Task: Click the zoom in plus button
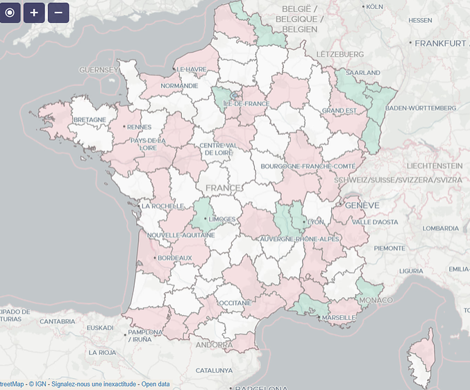click(34, 12)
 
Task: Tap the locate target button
click(10, 12)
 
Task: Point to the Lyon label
click(316, 221)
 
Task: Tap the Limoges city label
click(221, 219)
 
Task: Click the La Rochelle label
click(162, 206)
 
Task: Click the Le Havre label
click(192, 69)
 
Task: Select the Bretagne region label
click(90, 119)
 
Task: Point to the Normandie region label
click(179, 86)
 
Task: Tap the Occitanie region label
click(233, 303)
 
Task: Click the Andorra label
click(214, 345)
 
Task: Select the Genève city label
click(361, 206)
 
